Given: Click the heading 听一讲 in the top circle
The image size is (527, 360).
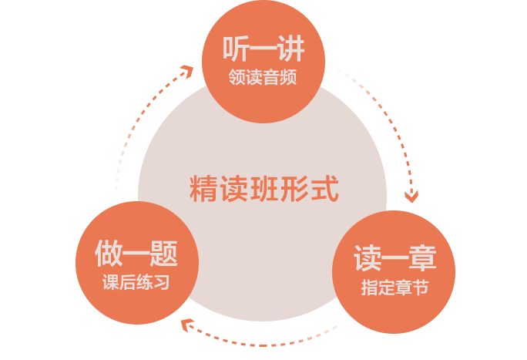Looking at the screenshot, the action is pyautogui.click(x=263, y=49).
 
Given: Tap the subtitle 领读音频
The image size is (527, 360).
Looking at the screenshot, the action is pyautogui.click(x=263, y=77).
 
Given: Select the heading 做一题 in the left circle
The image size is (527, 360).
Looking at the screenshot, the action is pyautogui.click(x=136, y=253).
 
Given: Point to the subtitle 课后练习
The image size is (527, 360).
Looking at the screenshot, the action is pyautogui.click(x=136, y=281).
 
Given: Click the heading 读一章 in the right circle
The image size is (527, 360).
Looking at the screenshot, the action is pyautogui.click(x=394, y=258).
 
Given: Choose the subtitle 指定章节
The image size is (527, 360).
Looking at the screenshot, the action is pyautogui.click(x=394, y=288).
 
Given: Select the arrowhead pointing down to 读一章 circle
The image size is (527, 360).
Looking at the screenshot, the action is pyautogui.click(x=412, y=196).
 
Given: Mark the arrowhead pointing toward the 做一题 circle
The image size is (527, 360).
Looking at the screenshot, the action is pyautogui.click(x=185, y=325).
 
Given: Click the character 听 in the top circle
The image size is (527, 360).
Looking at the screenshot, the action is pyautogui.click(x=236, y=49).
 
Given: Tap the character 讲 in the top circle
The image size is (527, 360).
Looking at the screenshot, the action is pyautogui.click(x=291, y=49).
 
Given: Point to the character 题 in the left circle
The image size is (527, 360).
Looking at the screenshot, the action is pyautogui.click(x=164, y=253).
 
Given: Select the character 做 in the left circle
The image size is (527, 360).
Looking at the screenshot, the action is pyautogui.click(x=109, y=253).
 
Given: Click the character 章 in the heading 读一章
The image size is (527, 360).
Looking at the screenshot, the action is pyautogui.click(x=422, y=258).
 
